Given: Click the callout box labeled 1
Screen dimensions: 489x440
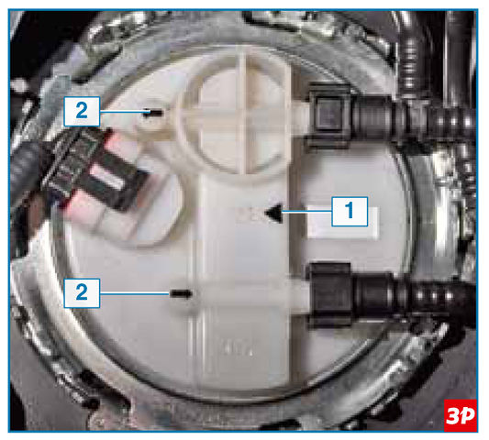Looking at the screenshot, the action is pyautogui.click(x=350, y=211).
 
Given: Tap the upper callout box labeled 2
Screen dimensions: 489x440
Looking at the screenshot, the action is pyautogui.click(x=82, y=111).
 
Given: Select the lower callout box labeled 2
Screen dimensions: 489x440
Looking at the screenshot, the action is pyautogui.click(x=82, y=293).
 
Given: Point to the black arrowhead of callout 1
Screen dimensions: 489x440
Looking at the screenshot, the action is pyautogui.click(x=273, y=214).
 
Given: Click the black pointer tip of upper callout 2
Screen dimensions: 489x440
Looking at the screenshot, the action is pyautogui.click(x=153, y=113).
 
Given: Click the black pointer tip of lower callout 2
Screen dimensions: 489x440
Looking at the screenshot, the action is pyautogui.click(x=181, y=293).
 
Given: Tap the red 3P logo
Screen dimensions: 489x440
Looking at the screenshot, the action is pyautogui.click(x=461, y=415).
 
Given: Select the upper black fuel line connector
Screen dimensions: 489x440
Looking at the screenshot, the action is pyautogui.click(x=330, y=115).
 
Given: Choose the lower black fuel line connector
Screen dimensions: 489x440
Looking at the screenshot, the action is pyautogui.click(x=330, y=295).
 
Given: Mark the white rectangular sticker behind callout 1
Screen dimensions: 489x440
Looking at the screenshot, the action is pyautogui.click(x=343, y=223).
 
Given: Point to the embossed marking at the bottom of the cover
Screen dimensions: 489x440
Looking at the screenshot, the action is pyautogui.click(x=239, y=348).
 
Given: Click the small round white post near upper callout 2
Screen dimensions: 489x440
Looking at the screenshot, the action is pyautogui.click(x=152, y=119).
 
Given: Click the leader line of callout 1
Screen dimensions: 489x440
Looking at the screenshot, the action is pyautogui.click(x=306, y=212).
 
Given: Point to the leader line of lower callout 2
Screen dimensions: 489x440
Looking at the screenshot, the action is pyautogui.click(x=135, y=293).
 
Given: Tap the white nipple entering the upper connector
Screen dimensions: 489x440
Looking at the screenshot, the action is pyautogui.click(x=300, y=117).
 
